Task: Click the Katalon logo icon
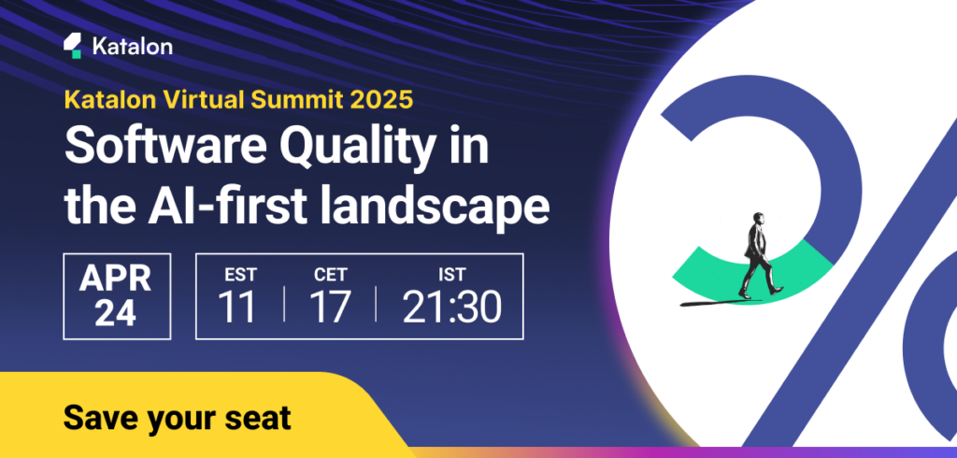72,45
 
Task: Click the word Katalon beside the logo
132,46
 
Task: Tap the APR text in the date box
116,277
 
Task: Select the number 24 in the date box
116,313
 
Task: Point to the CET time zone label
331,275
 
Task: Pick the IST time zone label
453,275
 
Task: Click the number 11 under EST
237,308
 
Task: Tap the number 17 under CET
331,308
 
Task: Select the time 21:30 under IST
453,308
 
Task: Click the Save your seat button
177,418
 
